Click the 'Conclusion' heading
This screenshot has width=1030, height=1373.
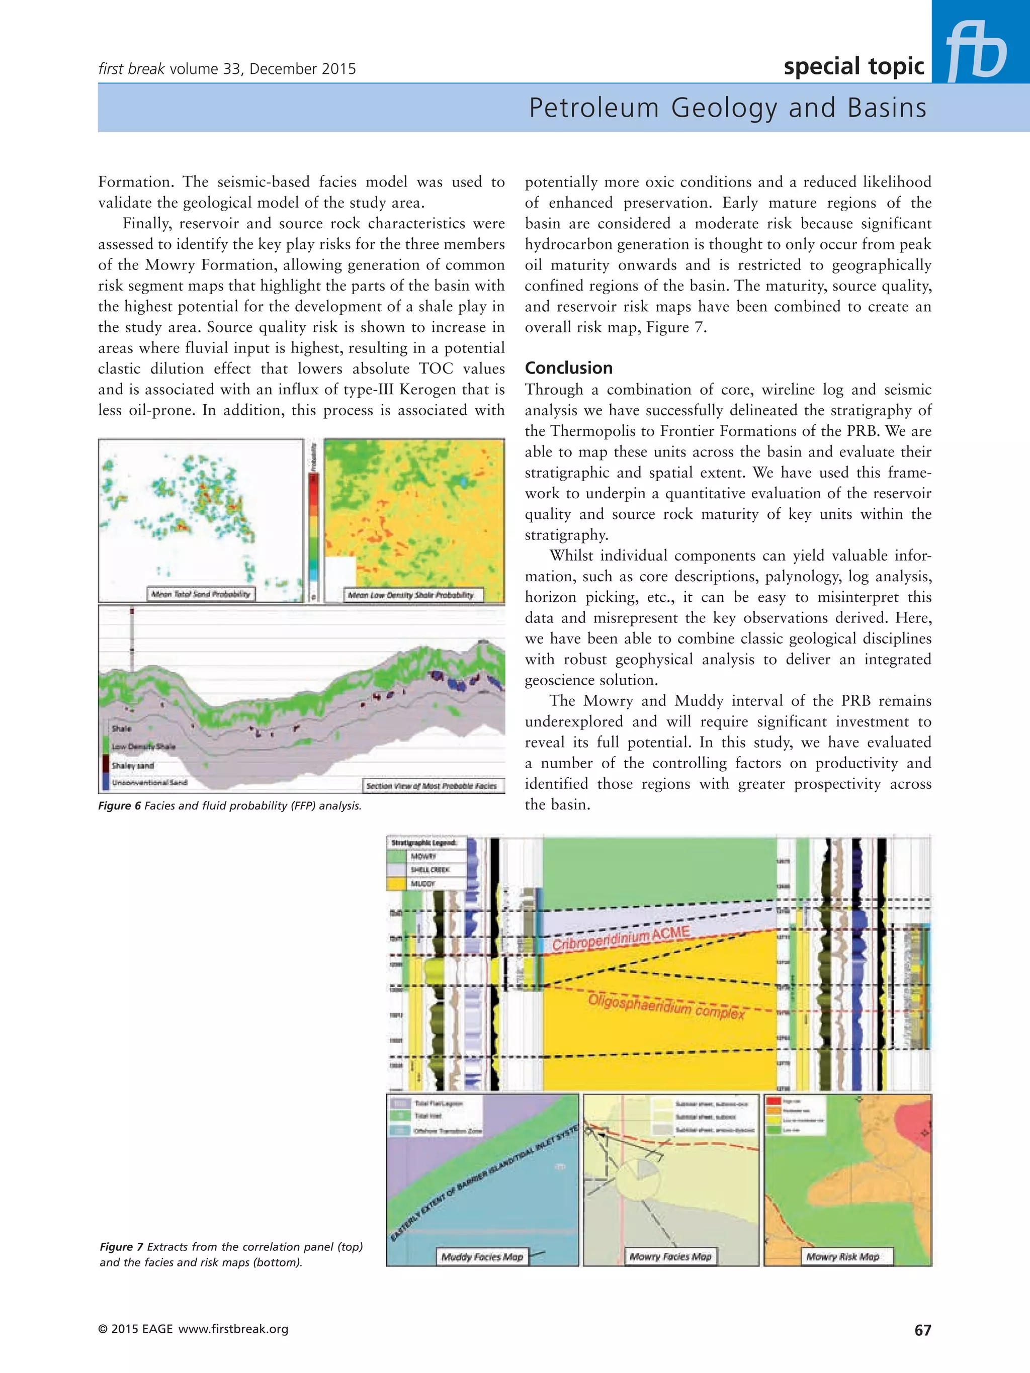(569, 368)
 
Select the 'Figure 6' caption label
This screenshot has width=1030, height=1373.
(120, 806)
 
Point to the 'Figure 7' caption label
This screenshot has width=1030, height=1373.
(122, 1246)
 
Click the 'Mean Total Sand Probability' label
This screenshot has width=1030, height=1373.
(201, 594)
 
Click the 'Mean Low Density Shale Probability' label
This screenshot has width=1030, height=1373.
(410, 595)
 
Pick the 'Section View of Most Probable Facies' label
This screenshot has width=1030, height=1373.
(432, 786)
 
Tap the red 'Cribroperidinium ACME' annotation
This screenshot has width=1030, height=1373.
(621, 939)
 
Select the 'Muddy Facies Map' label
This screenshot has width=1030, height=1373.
(482, 1256)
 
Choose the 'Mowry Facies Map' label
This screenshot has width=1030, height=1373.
(670, 1256)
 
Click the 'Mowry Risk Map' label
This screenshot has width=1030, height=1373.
(842, 1256)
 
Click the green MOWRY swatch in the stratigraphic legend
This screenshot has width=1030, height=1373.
(396, 857)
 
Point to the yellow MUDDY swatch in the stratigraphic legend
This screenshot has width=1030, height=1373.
(396, 883)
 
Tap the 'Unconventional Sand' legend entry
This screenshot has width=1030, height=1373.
(149, 783)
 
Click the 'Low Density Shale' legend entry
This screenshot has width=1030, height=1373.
(143, 747)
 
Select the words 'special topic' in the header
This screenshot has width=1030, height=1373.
(853, 66)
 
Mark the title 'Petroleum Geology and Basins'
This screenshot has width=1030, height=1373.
(727, 108)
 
